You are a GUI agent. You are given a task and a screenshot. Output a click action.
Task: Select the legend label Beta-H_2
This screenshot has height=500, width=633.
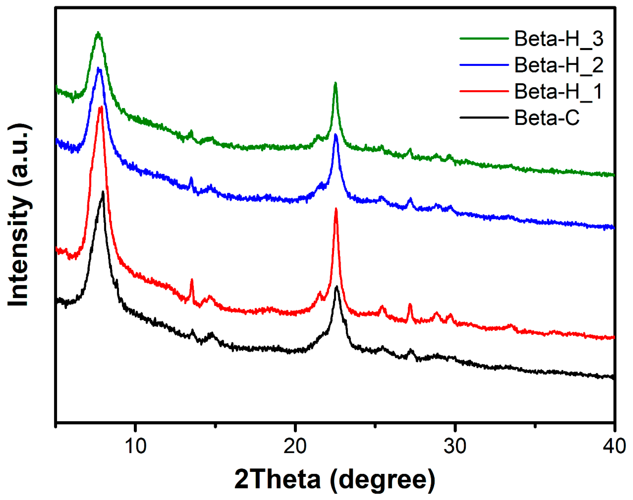coord(559,65)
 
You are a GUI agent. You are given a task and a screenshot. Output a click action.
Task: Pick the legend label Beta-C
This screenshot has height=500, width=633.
coord(547,118)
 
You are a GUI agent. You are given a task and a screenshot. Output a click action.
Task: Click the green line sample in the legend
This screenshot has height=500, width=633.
coord(484,38)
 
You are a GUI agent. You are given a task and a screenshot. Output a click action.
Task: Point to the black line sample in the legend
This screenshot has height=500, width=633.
coord(484,118)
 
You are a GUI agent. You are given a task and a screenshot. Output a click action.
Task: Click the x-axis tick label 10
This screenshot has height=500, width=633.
coord(135,446)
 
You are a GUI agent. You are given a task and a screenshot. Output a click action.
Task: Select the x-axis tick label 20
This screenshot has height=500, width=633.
coord(295,446)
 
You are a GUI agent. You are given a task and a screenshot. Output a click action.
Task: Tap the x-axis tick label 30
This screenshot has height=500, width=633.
coord(455,446)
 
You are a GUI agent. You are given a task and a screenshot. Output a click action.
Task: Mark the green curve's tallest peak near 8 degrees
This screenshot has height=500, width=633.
coord(98,33)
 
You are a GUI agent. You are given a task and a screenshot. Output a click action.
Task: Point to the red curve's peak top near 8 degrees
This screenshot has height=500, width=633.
coord(101,107)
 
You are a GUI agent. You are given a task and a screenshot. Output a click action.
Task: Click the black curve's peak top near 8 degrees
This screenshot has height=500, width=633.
coord(103,192)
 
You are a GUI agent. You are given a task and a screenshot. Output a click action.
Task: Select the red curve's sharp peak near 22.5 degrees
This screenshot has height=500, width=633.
coord(336,209)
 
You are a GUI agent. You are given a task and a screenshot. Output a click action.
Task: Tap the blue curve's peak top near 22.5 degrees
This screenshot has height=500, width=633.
coord(336,135)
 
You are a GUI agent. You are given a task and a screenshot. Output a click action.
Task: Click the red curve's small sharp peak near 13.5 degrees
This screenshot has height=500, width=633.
coord(192,279)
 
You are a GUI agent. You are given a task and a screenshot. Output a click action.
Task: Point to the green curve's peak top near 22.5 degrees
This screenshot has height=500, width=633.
coord(336,83)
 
